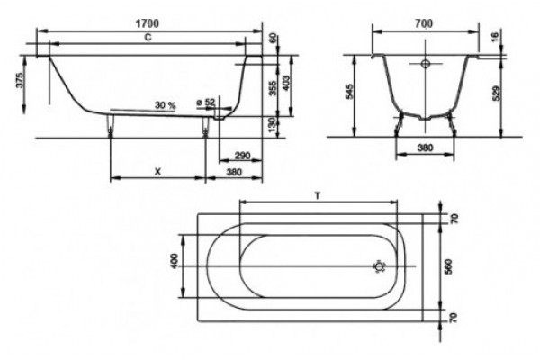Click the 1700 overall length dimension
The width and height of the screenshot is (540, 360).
148,23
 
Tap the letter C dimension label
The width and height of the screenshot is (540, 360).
148,37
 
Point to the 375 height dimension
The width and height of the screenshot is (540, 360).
21,80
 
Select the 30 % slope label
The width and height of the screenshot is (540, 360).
166,105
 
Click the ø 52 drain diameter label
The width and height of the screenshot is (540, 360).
205,103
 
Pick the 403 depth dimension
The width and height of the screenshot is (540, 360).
286,83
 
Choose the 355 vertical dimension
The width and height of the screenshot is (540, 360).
273,88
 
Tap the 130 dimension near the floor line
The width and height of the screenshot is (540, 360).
273,125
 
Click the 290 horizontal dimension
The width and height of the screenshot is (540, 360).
242,156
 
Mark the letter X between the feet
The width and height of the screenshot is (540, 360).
157,172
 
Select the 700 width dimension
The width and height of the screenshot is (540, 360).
424,23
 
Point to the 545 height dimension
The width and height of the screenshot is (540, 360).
349,91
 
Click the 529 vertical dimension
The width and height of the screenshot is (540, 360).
496,93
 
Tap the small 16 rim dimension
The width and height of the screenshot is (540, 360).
495,37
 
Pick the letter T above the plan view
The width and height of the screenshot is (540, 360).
318,196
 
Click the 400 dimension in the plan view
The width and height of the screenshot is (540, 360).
175,261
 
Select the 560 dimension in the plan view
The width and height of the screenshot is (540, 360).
448,266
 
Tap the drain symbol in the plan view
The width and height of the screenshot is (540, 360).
379,266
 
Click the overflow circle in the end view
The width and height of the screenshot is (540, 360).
426,64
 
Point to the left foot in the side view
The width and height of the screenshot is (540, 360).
111,125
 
